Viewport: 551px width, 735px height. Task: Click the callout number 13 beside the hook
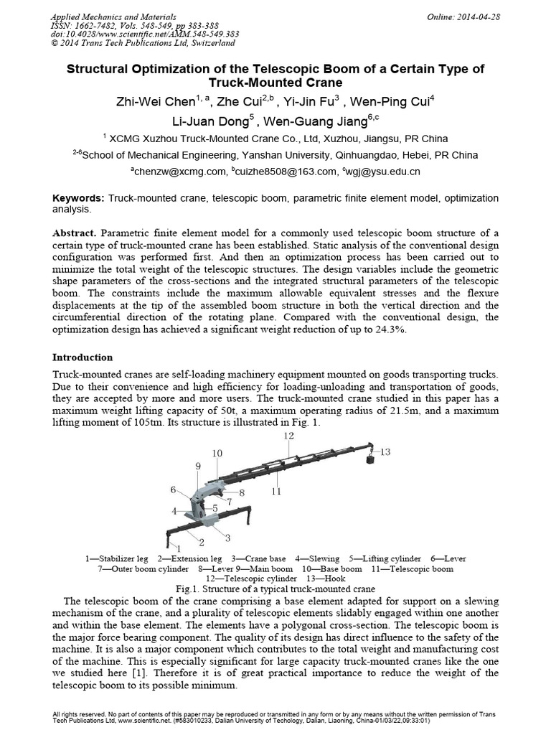pos(385,451)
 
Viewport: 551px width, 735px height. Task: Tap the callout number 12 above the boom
pos(288,436)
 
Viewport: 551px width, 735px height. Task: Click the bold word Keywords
pos(78,197)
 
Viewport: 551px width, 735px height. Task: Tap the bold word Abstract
pos(75,234)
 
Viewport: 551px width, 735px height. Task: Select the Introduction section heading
pos(83,357)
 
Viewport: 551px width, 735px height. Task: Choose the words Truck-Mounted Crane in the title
pos(275,82)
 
